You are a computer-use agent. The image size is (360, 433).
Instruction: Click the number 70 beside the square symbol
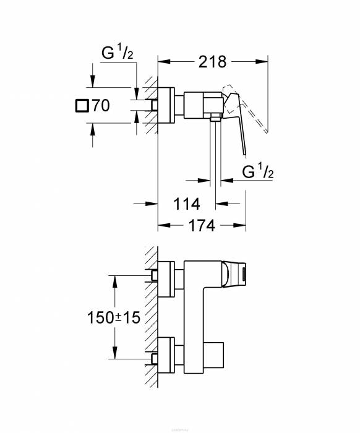[x=100, y=106]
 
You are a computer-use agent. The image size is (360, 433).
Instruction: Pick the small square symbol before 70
[x=80, y=106]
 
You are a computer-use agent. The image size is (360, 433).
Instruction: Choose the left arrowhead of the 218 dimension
[x=163, y=61]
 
